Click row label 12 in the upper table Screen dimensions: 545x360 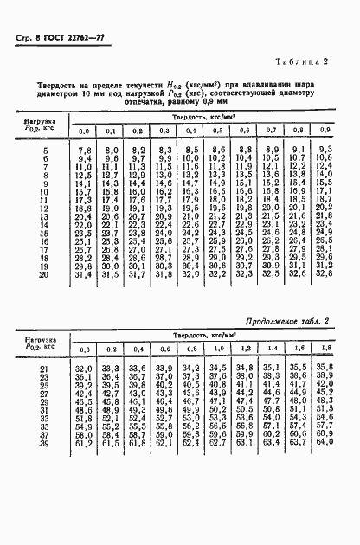pos(42,208)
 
